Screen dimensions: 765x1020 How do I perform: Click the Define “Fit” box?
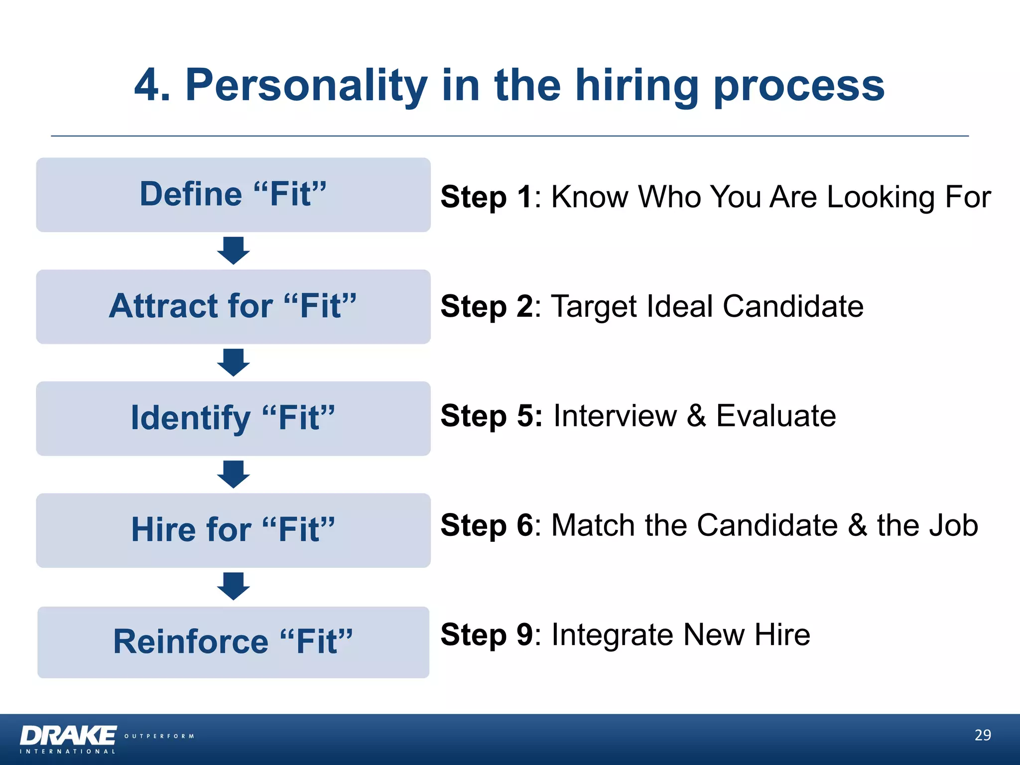233,195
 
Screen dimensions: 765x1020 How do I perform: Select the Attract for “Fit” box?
233,306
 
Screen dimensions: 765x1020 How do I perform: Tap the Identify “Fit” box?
233,418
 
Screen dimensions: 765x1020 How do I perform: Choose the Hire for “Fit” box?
233,530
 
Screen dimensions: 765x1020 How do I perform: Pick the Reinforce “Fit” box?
233,642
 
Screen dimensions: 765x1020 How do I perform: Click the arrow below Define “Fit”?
233,251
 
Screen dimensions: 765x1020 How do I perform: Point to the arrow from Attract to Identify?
233,363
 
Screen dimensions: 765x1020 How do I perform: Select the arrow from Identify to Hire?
233,474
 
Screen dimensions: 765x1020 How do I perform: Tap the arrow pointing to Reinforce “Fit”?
233,586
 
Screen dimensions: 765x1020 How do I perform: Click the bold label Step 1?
487,197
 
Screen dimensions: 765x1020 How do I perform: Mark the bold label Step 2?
487,306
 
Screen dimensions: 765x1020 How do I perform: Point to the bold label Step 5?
491,415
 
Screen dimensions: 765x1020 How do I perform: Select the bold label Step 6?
487,525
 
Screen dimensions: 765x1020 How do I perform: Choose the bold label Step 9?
487,635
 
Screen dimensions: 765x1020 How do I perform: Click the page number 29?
982,735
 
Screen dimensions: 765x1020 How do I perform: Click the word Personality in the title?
306,86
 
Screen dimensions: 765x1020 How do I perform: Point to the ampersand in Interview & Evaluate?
696,415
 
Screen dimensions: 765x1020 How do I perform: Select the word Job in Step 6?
952,525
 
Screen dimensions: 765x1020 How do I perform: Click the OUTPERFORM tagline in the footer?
159,736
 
